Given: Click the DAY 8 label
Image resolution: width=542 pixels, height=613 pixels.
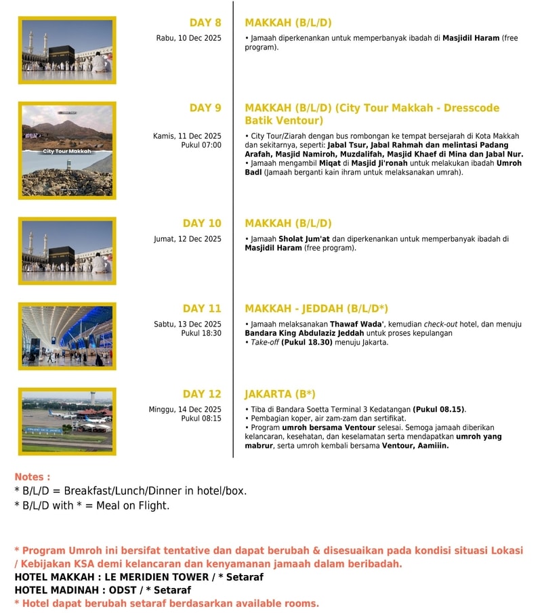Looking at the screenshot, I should point(205,22).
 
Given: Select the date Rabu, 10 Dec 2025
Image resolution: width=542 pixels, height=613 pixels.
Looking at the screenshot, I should point(188,39).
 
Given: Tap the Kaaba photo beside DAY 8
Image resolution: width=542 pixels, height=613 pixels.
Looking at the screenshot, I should point(67,50).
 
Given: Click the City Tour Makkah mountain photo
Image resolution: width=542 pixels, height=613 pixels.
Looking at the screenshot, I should point(67,150).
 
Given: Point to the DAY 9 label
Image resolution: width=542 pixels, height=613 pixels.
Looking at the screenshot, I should point(205,108).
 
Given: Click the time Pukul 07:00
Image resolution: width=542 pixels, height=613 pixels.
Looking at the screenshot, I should point(201,145).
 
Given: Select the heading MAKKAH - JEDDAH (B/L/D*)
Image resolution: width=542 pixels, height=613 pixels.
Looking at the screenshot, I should point(316,308).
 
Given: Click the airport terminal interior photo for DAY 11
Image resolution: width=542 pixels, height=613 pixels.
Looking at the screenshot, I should point(67,336).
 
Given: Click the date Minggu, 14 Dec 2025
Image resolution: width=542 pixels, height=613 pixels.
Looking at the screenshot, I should point(185,409).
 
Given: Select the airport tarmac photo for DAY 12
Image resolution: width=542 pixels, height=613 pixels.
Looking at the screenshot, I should point(67,421).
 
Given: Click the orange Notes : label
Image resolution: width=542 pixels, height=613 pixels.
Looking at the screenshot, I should point(32,477).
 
